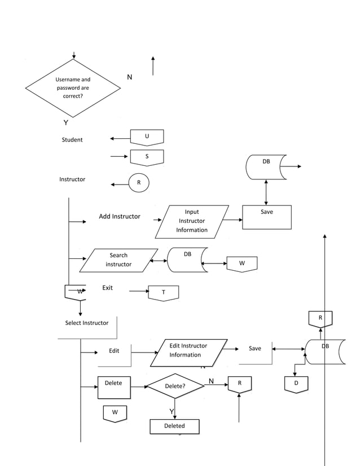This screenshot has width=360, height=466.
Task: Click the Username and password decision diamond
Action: pos(73,88)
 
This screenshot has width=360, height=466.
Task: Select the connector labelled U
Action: pos(147,137)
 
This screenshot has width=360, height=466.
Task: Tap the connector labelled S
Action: pos(147,157)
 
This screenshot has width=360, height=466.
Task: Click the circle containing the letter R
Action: pos(139,182)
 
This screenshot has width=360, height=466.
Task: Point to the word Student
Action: pos(72,140)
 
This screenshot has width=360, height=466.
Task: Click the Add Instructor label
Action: pos(120,217)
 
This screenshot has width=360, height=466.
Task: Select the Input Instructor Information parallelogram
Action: pos(192,221)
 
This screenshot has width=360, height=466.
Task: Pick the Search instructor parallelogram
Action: pos(118,260)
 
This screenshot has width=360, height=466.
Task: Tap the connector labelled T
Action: pos(164,293)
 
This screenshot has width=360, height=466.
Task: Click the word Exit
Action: pos(107,288)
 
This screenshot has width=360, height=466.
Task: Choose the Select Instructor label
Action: pos(87,323)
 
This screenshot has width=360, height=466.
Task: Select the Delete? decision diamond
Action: pos(175,386)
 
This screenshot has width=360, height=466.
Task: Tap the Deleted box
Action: pos(174,426)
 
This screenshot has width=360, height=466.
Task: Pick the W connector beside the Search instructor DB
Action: pos(242,264)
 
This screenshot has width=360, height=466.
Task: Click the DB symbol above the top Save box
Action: pos(266,166)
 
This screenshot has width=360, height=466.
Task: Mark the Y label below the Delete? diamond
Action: pos(172,411)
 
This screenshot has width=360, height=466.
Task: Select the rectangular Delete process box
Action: pos(113,388)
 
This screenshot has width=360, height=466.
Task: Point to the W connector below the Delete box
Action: pos(115,413)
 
